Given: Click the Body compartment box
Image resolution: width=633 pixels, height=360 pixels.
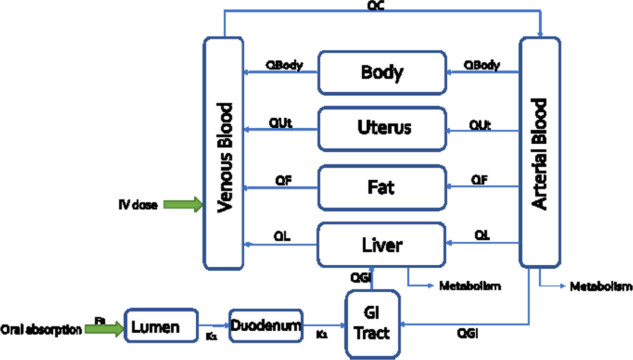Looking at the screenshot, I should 382,73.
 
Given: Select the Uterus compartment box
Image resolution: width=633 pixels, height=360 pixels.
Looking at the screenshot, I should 382,129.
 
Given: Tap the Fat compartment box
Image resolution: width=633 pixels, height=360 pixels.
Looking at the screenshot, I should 382,187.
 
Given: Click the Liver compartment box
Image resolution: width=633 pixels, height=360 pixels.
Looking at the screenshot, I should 381,245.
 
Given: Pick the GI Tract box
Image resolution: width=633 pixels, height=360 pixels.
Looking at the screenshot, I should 373,324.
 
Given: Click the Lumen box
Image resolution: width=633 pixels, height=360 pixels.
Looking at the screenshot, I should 161,326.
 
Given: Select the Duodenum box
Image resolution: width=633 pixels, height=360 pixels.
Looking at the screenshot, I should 266,326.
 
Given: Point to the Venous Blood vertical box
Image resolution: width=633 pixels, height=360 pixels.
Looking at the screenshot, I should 224,153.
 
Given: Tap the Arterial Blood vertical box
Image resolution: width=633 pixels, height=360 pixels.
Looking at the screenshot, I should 540,152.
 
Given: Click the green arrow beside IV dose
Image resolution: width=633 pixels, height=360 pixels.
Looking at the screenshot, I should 183,204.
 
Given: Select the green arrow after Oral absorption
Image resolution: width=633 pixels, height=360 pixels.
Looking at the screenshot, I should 104,329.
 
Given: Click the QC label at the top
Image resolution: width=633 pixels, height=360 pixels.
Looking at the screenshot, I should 376,5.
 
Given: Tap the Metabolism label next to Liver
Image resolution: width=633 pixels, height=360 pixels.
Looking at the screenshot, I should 470,286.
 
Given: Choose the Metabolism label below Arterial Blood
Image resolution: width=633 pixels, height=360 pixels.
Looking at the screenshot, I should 601,286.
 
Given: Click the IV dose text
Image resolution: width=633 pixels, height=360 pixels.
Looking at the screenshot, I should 138,205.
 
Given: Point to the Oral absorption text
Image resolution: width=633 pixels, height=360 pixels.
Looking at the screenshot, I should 41,329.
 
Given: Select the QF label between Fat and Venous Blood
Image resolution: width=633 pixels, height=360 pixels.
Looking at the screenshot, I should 283,180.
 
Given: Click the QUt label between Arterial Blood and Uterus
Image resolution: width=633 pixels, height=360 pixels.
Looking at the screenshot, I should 480,125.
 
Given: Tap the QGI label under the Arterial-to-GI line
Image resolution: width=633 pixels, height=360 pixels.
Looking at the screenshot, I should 467,333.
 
